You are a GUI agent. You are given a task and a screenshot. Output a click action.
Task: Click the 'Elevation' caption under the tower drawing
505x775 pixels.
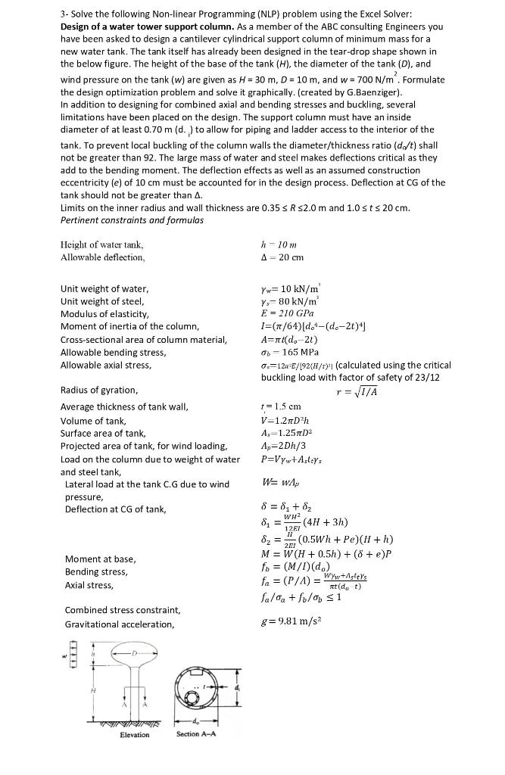tap(134, 734)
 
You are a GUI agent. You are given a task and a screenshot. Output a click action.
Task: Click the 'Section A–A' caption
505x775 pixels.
tap(198, 733)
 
